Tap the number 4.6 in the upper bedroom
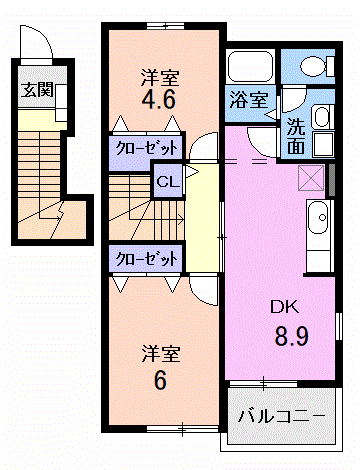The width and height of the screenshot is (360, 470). pyautogui.click(x=160, y=99)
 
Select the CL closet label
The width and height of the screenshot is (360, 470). pyautogui.click(x=166, y=183)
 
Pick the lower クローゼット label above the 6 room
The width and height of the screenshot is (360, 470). pyautogui.click(x=146, y=257)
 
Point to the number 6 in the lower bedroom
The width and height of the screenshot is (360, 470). pyautogui.click(x=159, y=381)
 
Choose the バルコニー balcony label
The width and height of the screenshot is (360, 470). pyautogui.click(x=281, y=413)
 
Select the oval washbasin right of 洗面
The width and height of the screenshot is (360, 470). pyautogui.click(x=322, y=116)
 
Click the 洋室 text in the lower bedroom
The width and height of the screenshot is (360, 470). pyautogui.click(x=160, y=353)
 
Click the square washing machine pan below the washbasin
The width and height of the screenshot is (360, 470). pyautogui.click(x=320, y=144)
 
